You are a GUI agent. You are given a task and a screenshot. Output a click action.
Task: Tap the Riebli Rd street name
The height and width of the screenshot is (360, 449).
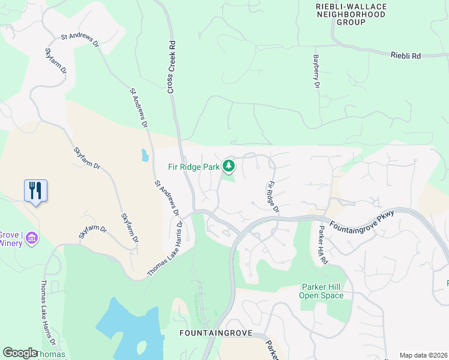point(406,55)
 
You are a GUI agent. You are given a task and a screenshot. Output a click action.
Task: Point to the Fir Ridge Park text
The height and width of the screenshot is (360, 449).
point(194,167)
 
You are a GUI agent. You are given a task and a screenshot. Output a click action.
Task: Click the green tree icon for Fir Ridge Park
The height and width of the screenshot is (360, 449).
point(228,165)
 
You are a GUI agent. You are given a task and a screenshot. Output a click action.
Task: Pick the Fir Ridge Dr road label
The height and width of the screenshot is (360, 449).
point(273,197)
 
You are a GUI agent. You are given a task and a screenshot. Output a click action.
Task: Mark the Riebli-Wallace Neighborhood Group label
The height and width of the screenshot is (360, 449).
point(342,14)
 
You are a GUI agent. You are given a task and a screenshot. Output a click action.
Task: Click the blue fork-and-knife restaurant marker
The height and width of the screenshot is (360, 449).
point(36,191)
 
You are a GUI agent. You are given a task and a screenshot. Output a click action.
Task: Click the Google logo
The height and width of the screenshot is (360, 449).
point(20,353)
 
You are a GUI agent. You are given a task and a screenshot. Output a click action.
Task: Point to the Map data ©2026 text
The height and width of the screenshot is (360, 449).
point(423,355)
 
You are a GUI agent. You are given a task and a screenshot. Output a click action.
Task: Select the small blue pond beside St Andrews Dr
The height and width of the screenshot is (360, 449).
point(145,156)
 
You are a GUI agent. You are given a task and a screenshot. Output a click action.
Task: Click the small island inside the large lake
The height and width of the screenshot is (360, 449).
point(142,347)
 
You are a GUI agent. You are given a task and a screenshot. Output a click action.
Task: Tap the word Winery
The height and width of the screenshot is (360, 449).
point(10,243)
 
